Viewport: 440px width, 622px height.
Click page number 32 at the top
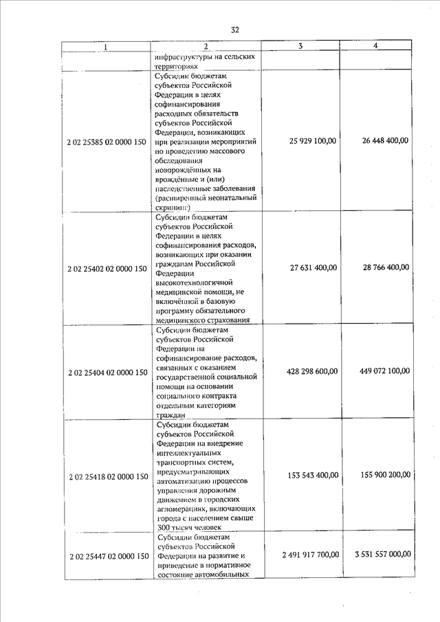point(234,30)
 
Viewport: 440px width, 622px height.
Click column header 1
point(105,47)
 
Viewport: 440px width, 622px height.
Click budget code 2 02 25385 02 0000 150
point(107,141)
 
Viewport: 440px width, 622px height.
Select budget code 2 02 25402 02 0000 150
point(107,268)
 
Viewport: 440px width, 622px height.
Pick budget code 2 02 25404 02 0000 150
point(107,373)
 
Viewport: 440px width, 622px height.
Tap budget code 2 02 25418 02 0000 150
point(107,476)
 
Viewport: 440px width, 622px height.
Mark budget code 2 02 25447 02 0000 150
point(107,555)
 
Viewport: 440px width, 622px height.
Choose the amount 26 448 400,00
point(385,140)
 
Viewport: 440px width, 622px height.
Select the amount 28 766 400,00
point(386,267)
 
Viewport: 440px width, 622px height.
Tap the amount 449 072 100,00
point(384,371)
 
